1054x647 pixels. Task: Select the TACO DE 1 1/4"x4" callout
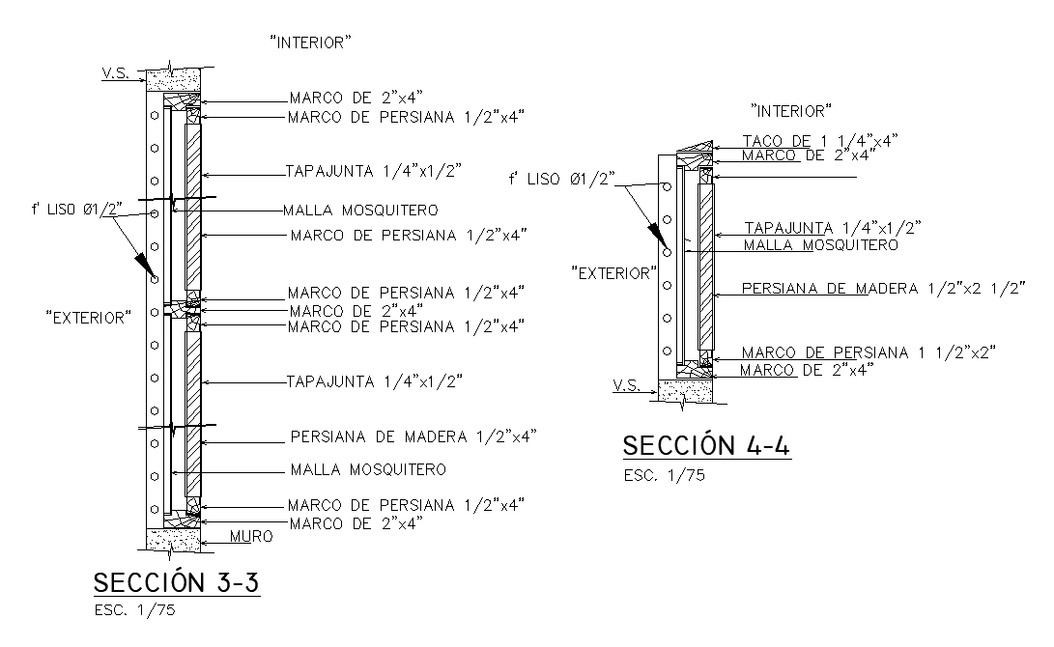click(820, 141)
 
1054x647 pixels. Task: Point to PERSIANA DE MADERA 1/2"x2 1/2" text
click(883, 288)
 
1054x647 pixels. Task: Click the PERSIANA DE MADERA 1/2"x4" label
click(413, 436)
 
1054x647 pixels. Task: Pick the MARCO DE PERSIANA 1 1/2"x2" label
click(869, 352)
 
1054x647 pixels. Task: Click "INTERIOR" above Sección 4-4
click(791, 111)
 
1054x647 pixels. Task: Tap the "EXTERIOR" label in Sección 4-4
click(612, 273)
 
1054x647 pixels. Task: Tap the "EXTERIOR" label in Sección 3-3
click(88, 317)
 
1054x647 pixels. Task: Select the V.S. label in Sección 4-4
click(626, 385)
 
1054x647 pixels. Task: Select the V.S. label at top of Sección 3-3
click(115, 72)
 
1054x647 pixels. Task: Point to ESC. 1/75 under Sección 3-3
click(134, 610)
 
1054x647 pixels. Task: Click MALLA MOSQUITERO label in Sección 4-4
click(820, 245)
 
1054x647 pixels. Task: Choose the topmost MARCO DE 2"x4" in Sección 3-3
click(356, 98)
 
